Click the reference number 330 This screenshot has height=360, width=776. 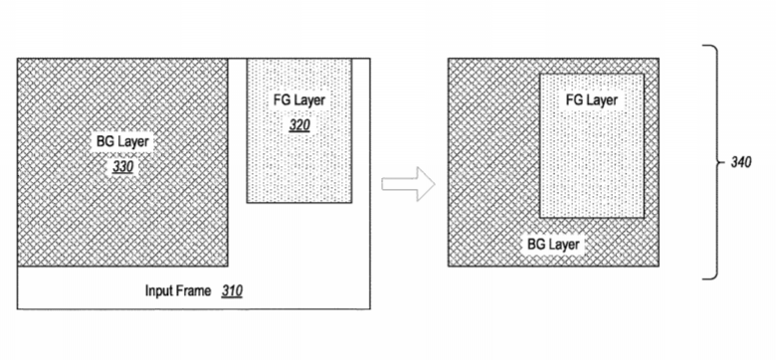pos(122,167)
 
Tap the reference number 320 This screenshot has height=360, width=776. pos(299,125)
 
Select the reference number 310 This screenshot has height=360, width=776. pos(232,290)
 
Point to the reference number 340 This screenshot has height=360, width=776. pos(741,162)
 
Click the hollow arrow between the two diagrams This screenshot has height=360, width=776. pos(408,184)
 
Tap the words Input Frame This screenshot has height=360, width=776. pos(178,290)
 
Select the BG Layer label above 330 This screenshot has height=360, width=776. pos(122,142)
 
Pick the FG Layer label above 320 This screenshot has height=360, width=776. pos(299,100)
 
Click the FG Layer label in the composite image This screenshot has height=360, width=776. pos(592,100)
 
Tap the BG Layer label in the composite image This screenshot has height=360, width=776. pos(553,244)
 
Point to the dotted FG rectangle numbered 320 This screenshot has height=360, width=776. pos(299,130)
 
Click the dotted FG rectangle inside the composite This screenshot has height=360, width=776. pos(592,146)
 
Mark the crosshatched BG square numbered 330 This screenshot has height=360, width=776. pos(122,162)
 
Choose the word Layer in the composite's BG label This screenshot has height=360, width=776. pos(564,245)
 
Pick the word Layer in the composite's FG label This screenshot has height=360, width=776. pos(602,100)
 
